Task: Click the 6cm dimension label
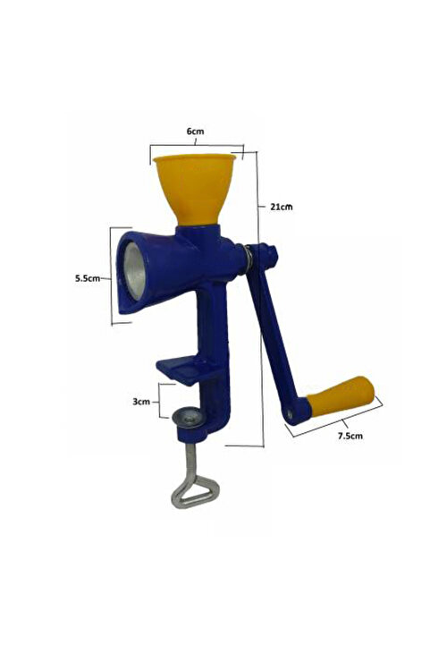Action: pyautogui.click(x=195, y=132)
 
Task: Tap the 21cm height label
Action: pyautogui.click(x=282, y=207)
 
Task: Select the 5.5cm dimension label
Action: pyautogui.click(x=87, y=278)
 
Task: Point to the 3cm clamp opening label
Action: pyautogui.click(x=141, y=402)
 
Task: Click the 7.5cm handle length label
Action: pyautogui.click(x=350, y=436)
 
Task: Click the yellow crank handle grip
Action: pyautogui.click(x=341, y=396)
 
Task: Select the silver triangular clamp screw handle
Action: pyautogui.click(x=195, y=491)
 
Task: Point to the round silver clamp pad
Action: pyautogui.click(x=188, y=418)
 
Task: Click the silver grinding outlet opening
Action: pyautogui.click(x=135, y=271)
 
